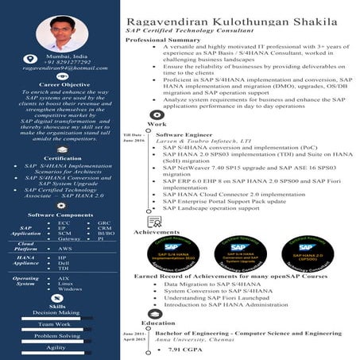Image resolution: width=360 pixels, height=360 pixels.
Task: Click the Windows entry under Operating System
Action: tap(70, 289)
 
